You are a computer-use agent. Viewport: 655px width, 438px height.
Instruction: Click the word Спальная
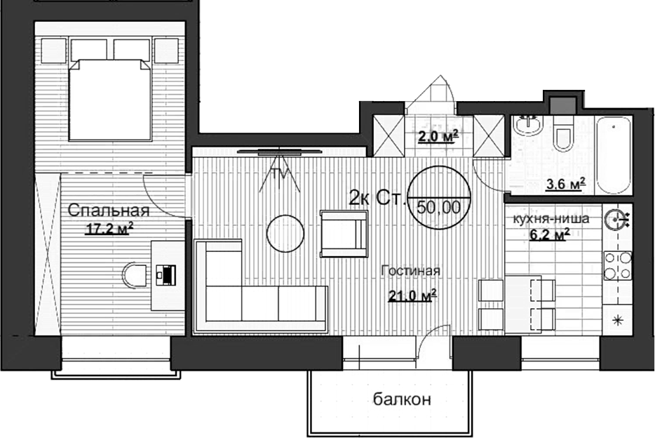coord(109,211)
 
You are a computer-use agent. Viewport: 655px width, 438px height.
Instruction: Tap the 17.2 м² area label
coord(109,228)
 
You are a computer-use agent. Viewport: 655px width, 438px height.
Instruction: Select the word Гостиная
coord(410,272)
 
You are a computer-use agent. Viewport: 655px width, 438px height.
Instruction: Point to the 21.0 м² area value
coord(413,296)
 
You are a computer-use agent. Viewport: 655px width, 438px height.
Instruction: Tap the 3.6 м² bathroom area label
coord(565,185)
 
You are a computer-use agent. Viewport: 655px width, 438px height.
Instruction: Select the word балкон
coord(400,400)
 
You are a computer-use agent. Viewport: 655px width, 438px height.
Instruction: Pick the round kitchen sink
coord(617,219)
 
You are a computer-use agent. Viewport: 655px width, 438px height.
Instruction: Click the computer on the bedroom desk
coord(166,274)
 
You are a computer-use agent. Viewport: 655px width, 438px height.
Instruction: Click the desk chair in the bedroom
coord(133,274)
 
